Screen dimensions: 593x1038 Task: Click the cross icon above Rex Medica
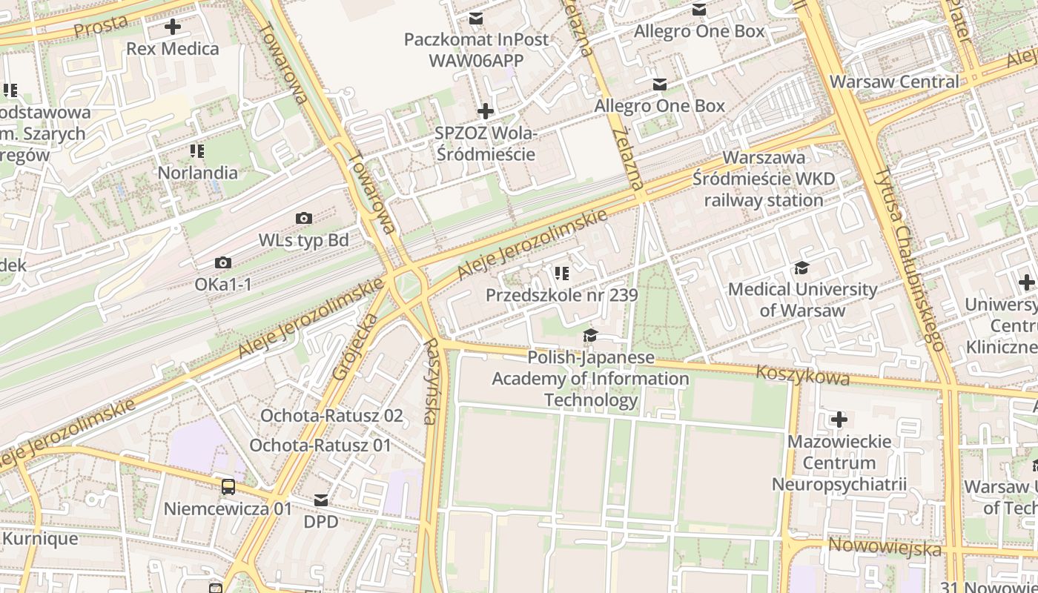point(173,27)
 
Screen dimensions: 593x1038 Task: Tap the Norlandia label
point(197,173)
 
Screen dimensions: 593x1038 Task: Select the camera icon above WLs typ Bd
point(304,218)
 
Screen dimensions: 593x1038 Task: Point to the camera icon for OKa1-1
point(222,262)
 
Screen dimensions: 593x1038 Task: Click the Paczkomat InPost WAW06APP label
point(476,50)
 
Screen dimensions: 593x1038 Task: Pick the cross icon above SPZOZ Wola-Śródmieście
point(486,111)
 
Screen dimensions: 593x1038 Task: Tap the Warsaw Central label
point(894,82)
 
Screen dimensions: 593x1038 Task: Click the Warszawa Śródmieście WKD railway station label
point(764,179)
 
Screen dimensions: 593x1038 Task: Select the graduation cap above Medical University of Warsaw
point(801,268)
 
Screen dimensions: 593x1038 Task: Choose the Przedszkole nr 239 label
point(561,295)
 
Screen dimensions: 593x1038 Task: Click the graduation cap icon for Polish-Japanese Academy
point(590,336)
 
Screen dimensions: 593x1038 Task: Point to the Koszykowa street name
point(802,374)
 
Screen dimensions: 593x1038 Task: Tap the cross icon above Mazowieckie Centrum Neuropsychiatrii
point(839,420)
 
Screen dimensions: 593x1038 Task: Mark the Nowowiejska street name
point(885,547)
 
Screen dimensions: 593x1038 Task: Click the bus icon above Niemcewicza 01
point(228,487)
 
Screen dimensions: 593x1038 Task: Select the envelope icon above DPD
point(321,500)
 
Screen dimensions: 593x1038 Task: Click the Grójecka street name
point(355,347)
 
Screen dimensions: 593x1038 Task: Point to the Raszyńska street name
point(429,382)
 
